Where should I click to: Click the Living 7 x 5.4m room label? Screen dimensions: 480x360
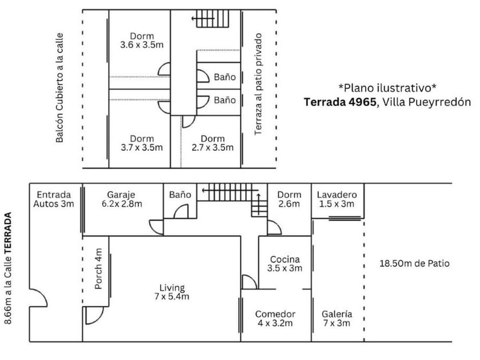point(172,292)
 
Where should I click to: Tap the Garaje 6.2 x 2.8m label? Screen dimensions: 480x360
point(122,199)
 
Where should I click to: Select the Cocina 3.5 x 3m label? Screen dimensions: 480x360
point(285,263)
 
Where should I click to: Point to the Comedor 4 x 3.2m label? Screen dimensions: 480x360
point(275,318)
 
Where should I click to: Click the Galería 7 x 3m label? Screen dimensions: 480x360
point(337,318)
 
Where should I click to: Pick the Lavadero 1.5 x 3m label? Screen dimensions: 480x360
point(337,199)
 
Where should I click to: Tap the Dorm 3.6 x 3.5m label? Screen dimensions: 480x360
point(142,41)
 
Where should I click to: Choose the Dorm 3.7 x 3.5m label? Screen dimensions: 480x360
point(142,143)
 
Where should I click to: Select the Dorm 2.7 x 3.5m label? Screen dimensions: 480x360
point(213,143)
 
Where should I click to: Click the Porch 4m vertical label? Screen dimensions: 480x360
point(98,269)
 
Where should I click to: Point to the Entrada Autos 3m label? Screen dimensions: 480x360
point(54,199)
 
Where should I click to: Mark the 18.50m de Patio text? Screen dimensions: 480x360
point(414,263)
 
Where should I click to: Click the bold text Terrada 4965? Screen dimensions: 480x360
point(340,102)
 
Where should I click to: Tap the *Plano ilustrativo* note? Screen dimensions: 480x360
point(387,88)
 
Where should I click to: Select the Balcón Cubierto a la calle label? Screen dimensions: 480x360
point(59,88)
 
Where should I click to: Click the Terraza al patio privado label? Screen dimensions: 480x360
point(258,84)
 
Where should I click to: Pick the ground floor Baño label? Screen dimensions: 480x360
point(180,195)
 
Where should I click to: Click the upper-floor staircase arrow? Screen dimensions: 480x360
point(203,19)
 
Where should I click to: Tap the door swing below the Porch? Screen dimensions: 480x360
point(94,315)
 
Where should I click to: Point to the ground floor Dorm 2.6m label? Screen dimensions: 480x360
point(289,199)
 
